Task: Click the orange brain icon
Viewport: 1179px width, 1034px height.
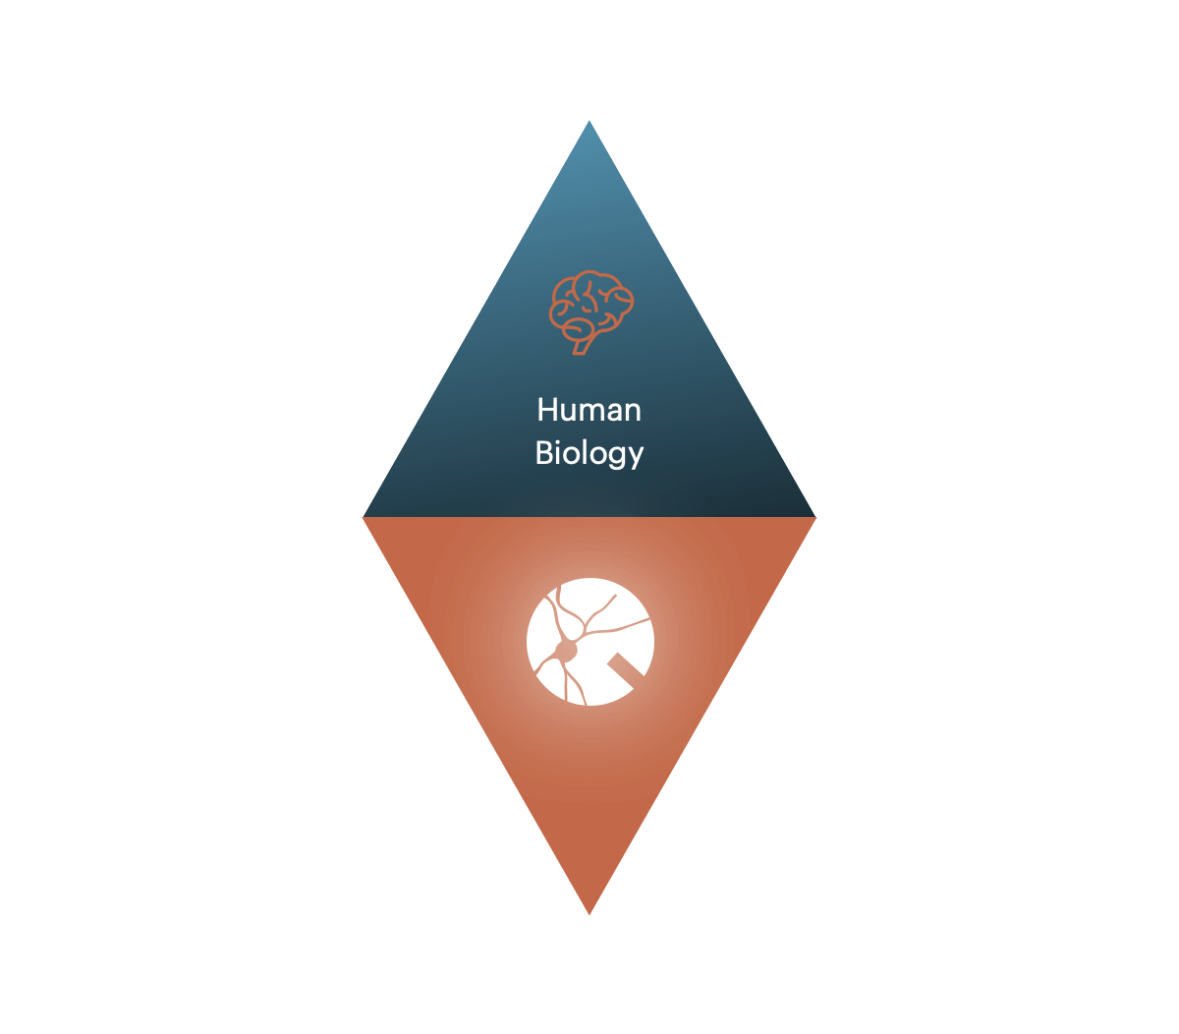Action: point(591,313)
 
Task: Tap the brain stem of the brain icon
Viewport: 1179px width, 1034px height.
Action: point(582,346)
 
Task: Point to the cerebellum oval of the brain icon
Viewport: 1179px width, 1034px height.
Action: point(578,329)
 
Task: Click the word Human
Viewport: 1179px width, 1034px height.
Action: point(589,410)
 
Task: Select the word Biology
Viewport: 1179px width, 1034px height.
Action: point(589,453)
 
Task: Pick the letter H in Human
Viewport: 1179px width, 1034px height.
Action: point(547,410)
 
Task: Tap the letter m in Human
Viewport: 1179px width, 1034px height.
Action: point(596,413)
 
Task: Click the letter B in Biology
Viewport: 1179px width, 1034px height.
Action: point(544,452)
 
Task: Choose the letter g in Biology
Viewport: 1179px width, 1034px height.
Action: point(615,458)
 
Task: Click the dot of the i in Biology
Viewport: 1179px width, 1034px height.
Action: point(560,441)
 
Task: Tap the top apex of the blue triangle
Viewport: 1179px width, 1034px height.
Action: point(589,121)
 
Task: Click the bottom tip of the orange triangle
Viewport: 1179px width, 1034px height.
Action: point(589,915)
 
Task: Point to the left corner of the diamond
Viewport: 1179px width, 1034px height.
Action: point(363,517)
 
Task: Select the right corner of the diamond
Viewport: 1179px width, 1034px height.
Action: point(815,517)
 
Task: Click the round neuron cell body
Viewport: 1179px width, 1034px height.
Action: point(566,650)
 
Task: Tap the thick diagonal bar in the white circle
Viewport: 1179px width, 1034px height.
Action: point(626,668)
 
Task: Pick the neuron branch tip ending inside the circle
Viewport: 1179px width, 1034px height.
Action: point(616,596)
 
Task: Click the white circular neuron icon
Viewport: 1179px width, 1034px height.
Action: point(590,642)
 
